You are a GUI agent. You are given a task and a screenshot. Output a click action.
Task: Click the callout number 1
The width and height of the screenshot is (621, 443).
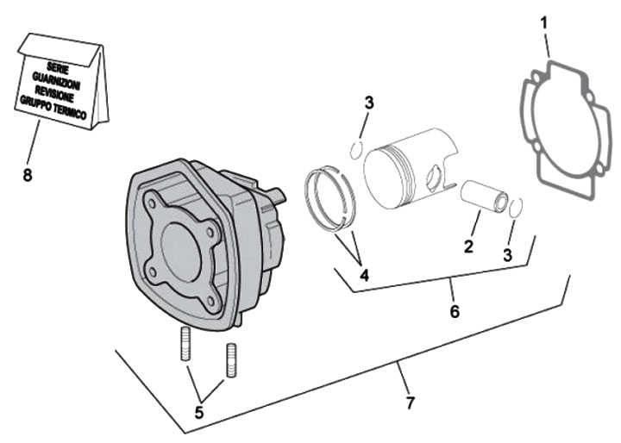(x=544, y=20)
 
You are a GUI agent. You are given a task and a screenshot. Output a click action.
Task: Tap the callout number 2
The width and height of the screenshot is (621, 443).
(x=468, y=246)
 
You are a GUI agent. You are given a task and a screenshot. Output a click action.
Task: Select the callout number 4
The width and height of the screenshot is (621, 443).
(x=365, y=276)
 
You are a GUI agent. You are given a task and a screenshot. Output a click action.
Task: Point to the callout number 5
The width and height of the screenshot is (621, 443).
(x=199, y=413)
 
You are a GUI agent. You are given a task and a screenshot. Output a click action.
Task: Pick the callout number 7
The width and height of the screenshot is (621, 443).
(x=411, y=402)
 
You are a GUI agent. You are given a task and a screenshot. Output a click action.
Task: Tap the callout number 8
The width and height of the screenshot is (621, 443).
(x=28, y=174)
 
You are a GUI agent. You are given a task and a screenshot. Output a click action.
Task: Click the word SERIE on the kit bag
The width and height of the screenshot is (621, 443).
(x=60, y=66)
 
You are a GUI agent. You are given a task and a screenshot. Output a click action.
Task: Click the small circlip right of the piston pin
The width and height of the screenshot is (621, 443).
(x=515, y=207)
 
